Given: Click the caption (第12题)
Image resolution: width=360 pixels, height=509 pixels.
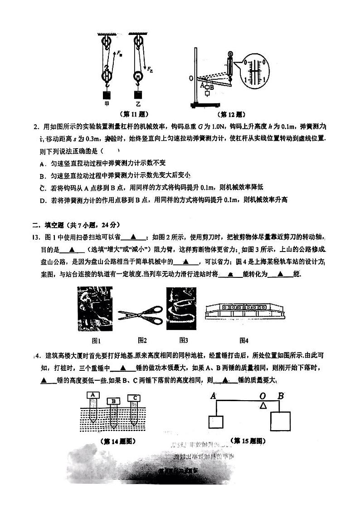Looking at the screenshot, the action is point(232,114).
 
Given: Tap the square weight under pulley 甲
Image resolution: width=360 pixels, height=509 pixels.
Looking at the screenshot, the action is point(107,96).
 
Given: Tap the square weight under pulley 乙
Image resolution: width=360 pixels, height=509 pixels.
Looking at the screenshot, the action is point(138,95).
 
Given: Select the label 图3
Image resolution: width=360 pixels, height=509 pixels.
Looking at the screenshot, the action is point(184,340).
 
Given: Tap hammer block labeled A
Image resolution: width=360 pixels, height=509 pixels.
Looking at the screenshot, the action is point(93,395).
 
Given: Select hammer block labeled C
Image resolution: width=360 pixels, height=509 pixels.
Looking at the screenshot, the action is point(135,398).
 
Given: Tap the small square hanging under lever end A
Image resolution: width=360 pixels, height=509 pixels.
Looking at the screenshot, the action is point(216,422).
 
